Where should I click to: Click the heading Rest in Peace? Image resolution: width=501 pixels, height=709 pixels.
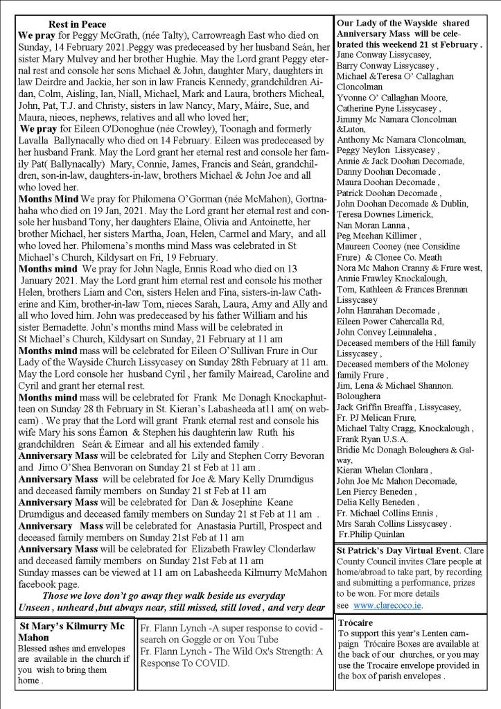[x=77, y=25]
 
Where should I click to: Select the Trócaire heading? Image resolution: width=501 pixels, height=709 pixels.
[x=355, y=622]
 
